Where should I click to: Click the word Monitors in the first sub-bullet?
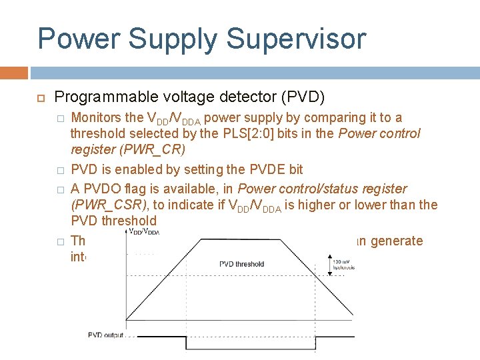(97, 118)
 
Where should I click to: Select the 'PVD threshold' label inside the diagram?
(241, 264)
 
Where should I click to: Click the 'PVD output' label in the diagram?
(106, 335)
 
